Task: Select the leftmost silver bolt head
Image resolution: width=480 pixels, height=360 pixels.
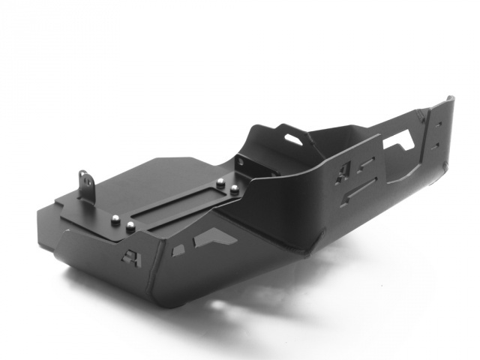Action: tap(116, 220)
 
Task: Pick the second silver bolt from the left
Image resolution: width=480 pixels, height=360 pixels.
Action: tap(131, 226)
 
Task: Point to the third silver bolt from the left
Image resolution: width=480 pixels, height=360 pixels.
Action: tap(220, 181)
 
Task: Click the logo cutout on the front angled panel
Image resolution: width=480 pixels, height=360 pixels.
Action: tap(129, 257)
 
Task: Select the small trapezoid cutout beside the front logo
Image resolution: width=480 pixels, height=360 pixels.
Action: tap(179, 250)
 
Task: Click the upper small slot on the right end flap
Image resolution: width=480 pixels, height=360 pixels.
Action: tap(438, 124)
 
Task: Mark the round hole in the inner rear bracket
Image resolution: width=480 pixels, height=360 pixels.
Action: tap(241, 160)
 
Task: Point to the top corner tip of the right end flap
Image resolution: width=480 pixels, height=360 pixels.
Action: tap(450, 97)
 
